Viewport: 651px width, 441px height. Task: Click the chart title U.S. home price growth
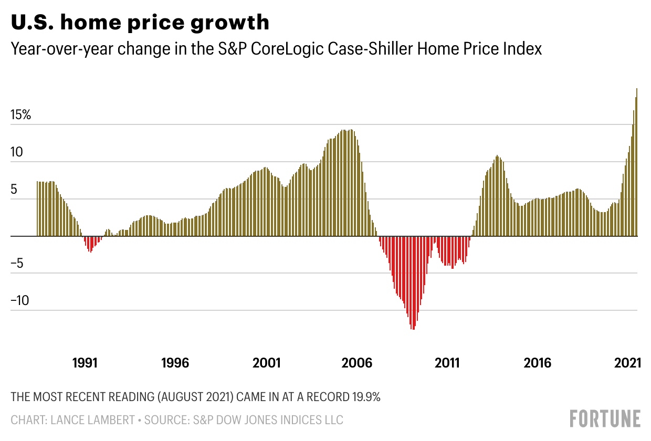[140, 23]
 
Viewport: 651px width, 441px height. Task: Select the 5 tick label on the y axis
[15, 189]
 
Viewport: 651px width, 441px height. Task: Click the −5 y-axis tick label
[17, 263]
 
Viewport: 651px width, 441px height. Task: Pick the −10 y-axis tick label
[20, 301]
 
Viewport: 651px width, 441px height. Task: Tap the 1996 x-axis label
[175, 363]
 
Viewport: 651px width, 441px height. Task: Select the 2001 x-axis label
[267, 363]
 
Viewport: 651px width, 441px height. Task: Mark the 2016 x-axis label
[538, 363]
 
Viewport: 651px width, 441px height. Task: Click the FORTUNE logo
[605, 419]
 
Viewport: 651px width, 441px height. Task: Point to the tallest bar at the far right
[636, 163]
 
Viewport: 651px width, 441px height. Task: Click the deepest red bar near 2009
[413, 283]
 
